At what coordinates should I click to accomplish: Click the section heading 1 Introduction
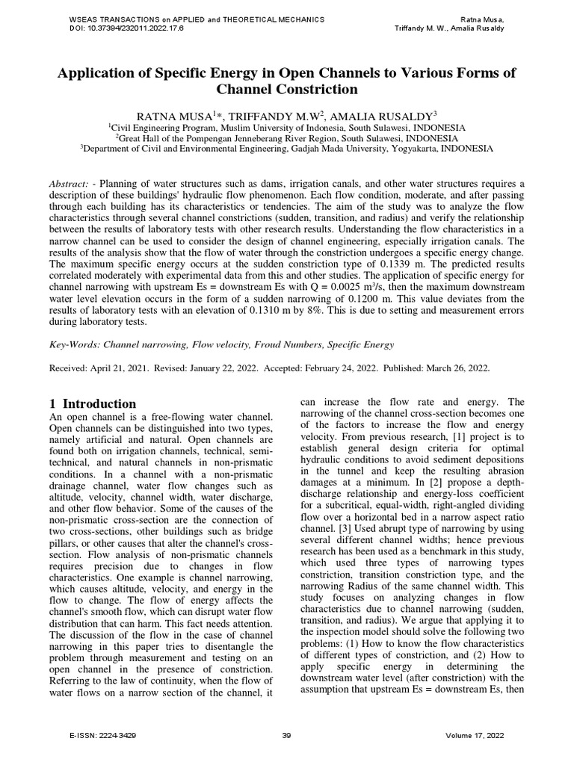click(x=93, y=403)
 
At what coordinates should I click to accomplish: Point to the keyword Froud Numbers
click(x=263, y=344)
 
